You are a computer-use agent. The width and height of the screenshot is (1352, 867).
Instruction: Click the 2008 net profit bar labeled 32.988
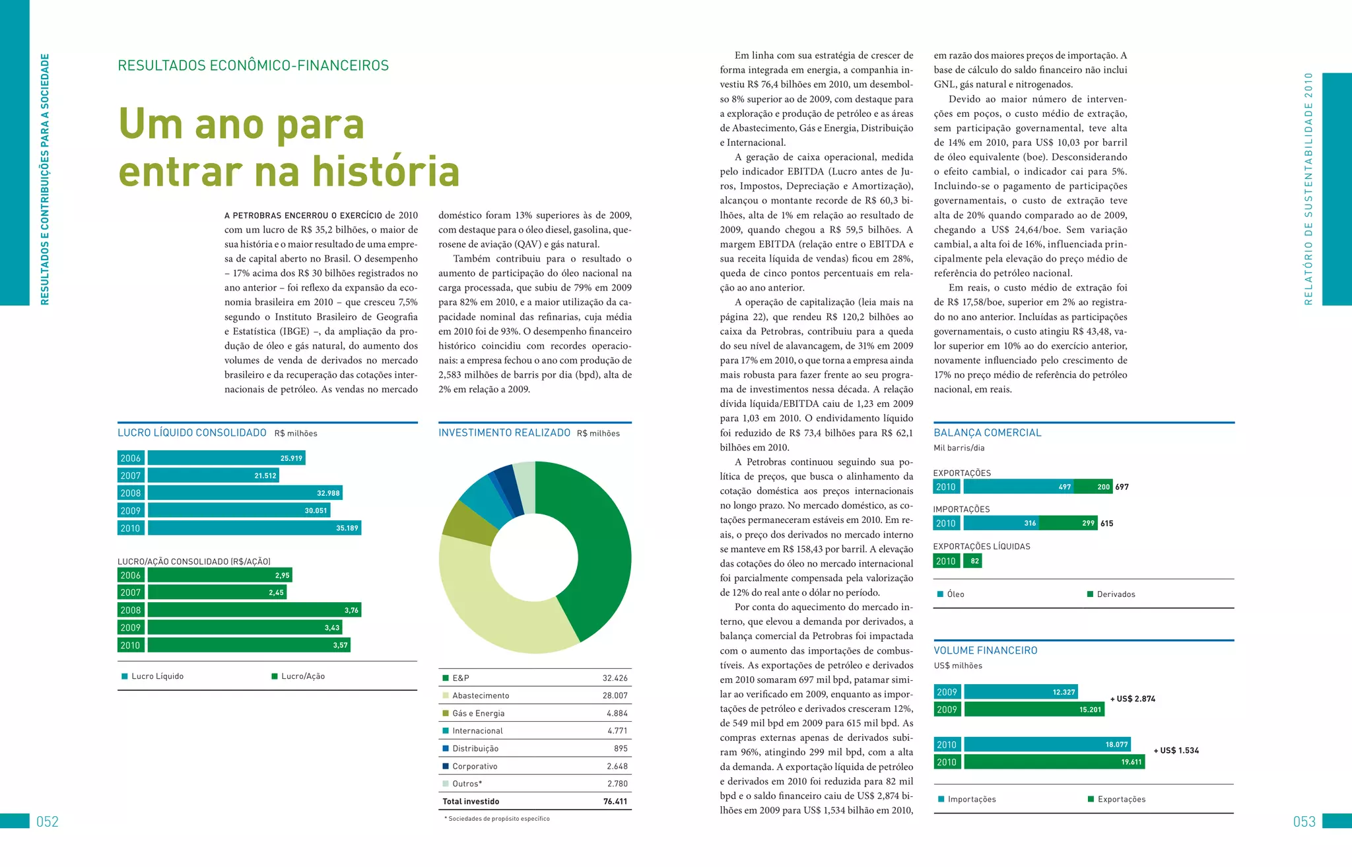point(244,493)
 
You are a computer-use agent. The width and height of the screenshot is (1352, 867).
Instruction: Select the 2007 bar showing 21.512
point(213,475)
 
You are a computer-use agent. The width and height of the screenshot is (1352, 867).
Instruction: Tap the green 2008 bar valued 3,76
point(254,610)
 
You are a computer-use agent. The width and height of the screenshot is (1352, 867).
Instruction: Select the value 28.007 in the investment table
point(615,695)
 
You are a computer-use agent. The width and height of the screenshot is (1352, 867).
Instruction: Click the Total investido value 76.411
point(615,802)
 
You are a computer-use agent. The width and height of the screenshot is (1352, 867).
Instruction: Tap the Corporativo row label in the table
point(475,766)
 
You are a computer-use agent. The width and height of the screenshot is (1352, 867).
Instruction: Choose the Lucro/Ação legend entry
point(302,676)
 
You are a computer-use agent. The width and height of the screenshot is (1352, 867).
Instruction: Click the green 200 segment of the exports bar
point(1093,487)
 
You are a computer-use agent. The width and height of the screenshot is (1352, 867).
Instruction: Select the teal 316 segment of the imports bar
point(1001,523)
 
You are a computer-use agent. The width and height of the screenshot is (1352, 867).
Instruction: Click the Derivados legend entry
point(1116,594)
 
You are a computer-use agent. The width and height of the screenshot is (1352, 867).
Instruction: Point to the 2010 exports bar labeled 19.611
point(1054,762)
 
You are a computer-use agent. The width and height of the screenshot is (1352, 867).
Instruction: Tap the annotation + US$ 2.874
point(1133,699)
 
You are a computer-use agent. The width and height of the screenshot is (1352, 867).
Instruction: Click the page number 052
point(48,821)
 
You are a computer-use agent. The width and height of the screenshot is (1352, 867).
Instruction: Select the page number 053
point(1304,821)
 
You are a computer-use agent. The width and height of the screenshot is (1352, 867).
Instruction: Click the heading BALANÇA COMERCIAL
point(987,433)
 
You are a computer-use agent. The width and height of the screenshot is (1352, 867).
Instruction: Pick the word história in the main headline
point(386,172)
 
